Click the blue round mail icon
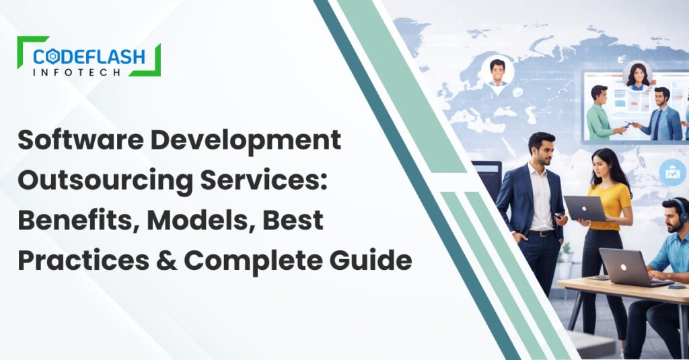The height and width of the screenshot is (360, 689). (x=672, y=173)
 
